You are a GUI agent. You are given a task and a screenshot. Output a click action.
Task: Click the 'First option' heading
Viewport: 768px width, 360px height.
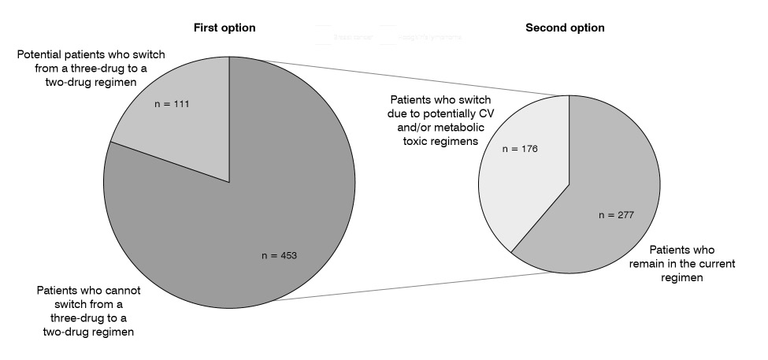coord(225,28)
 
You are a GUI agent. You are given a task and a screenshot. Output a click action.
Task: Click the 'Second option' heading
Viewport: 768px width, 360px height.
coord(566,28)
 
